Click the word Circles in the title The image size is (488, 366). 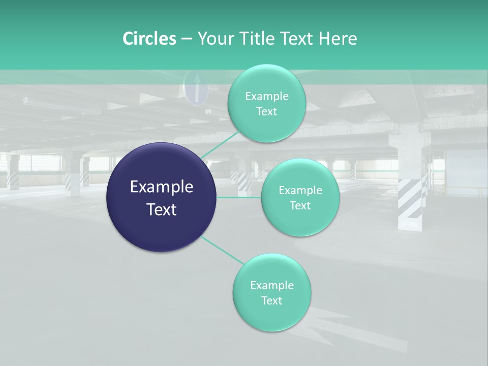[149, 39]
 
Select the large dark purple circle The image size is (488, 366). [162, 197]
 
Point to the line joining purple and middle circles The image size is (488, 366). [239, 197]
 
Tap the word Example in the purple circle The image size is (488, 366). [162, 187]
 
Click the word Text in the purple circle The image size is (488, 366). [162, 209]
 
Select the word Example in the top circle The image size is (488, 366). [267, 96]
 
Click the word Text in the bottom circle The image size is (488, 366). [272, 300]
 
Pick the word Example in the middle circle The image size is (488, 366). [300, 191]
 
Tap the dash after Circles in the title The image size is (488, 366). [186, 39]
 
